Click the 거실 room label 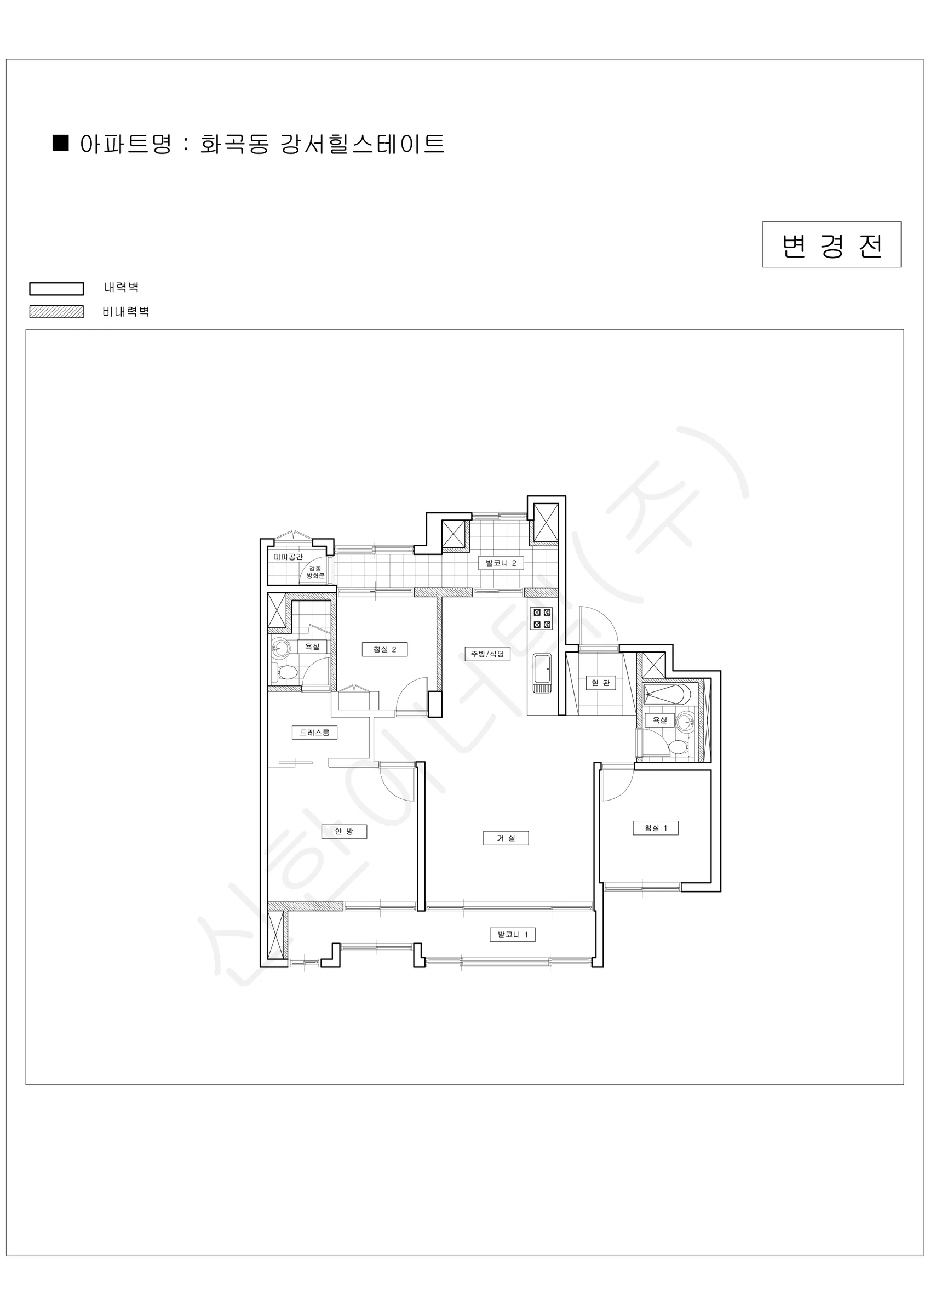(505, 838)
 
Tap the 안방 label (343, 831)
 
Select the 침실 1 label (655, 827)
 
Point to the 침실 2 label (384, 649)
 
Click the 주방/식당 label (487, 654)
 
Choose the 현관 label (601, 683)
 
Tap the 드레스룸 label (314, 733)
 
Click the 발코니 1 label (513, 935)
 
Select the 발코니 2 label (501, 563)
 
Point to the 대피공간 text (288, 557)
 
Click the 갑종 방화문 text (315, 572)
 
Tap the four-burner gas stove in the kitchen (542, 619)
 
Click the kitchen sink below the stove (542, 672)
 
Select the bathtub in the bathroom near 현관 (667, 695)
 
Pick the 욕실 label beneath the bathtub (659, 720)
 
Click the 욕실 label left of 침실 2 (312, 647)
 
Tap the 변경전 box (831, 244)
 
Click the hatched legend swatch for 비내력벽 (57, 312)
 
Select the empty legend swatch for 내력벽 (57, 289)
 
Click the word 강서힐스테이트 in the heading (363, 144)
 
